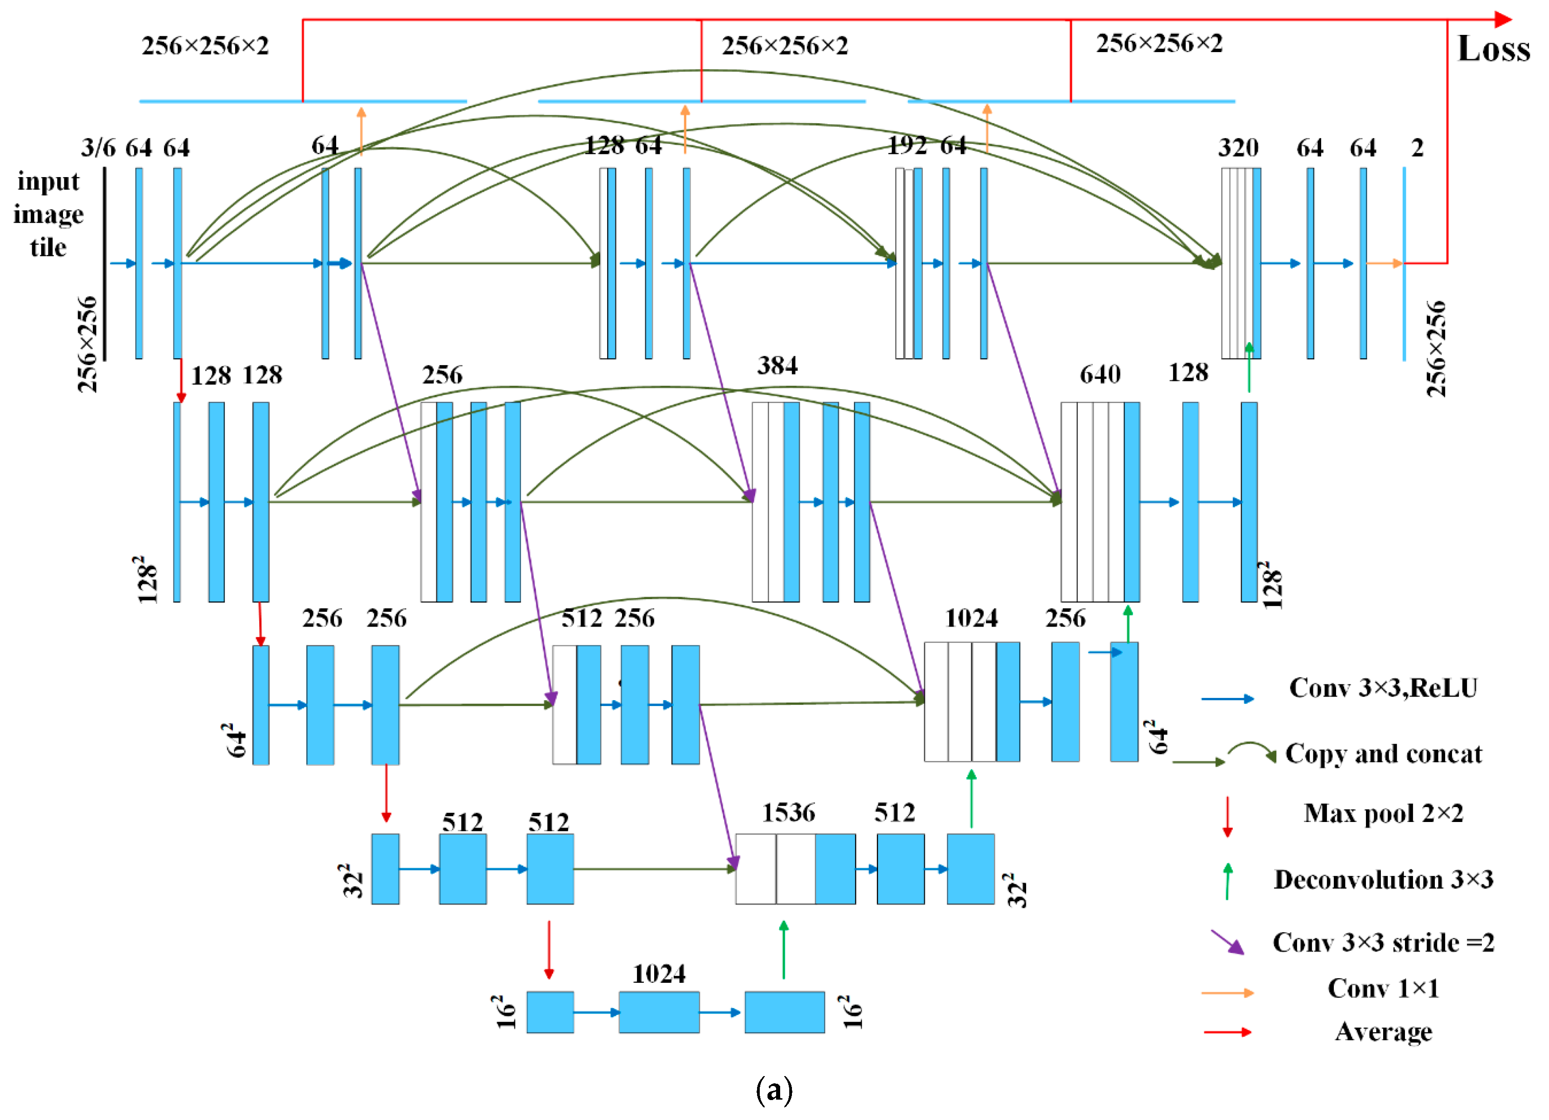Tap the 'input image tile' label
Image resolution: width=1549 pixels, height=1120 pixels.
(48, 214)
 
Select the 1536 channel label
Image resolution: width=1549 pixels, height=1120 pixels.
(788, 812)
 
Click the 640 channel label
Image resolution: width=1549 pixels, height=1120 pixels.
(1100, 375)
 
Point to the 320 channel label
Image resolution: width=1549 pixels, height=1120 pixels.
(1238, 148)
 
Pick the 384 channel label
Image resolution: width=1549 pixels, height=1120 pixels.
(777, 366)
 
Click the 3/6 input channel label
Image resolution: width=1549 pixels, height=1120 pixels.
(98, 148)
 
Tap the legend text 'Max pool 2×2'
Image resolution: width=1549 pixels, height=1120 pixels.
(1383, 813)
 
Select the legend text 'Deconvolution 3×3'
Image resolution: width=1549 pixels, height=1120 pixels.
(1383, 880)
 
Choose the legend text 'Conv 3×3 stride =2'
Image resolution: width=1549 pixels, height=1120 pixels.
(1383, 943)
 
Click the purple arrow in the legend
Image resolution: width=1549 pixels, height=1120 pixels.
(1227, 942)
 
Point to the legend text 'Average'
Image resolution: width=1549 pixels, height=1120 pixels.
(1383, 1031)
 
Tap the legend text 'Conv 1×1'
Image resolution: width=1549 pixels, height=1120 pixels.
(1383, 988)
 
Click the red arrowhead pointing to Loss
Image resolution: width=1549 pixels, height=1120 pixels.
(1502, 20)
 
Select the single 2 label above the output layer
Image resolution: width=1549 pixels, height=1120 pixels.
(1417, 148)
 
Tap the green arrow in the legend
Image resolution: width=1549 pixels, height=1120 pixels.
(1227, 881)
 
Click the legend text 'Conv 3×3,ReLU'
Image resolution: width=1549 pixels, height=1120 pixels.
(1383, 687)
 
